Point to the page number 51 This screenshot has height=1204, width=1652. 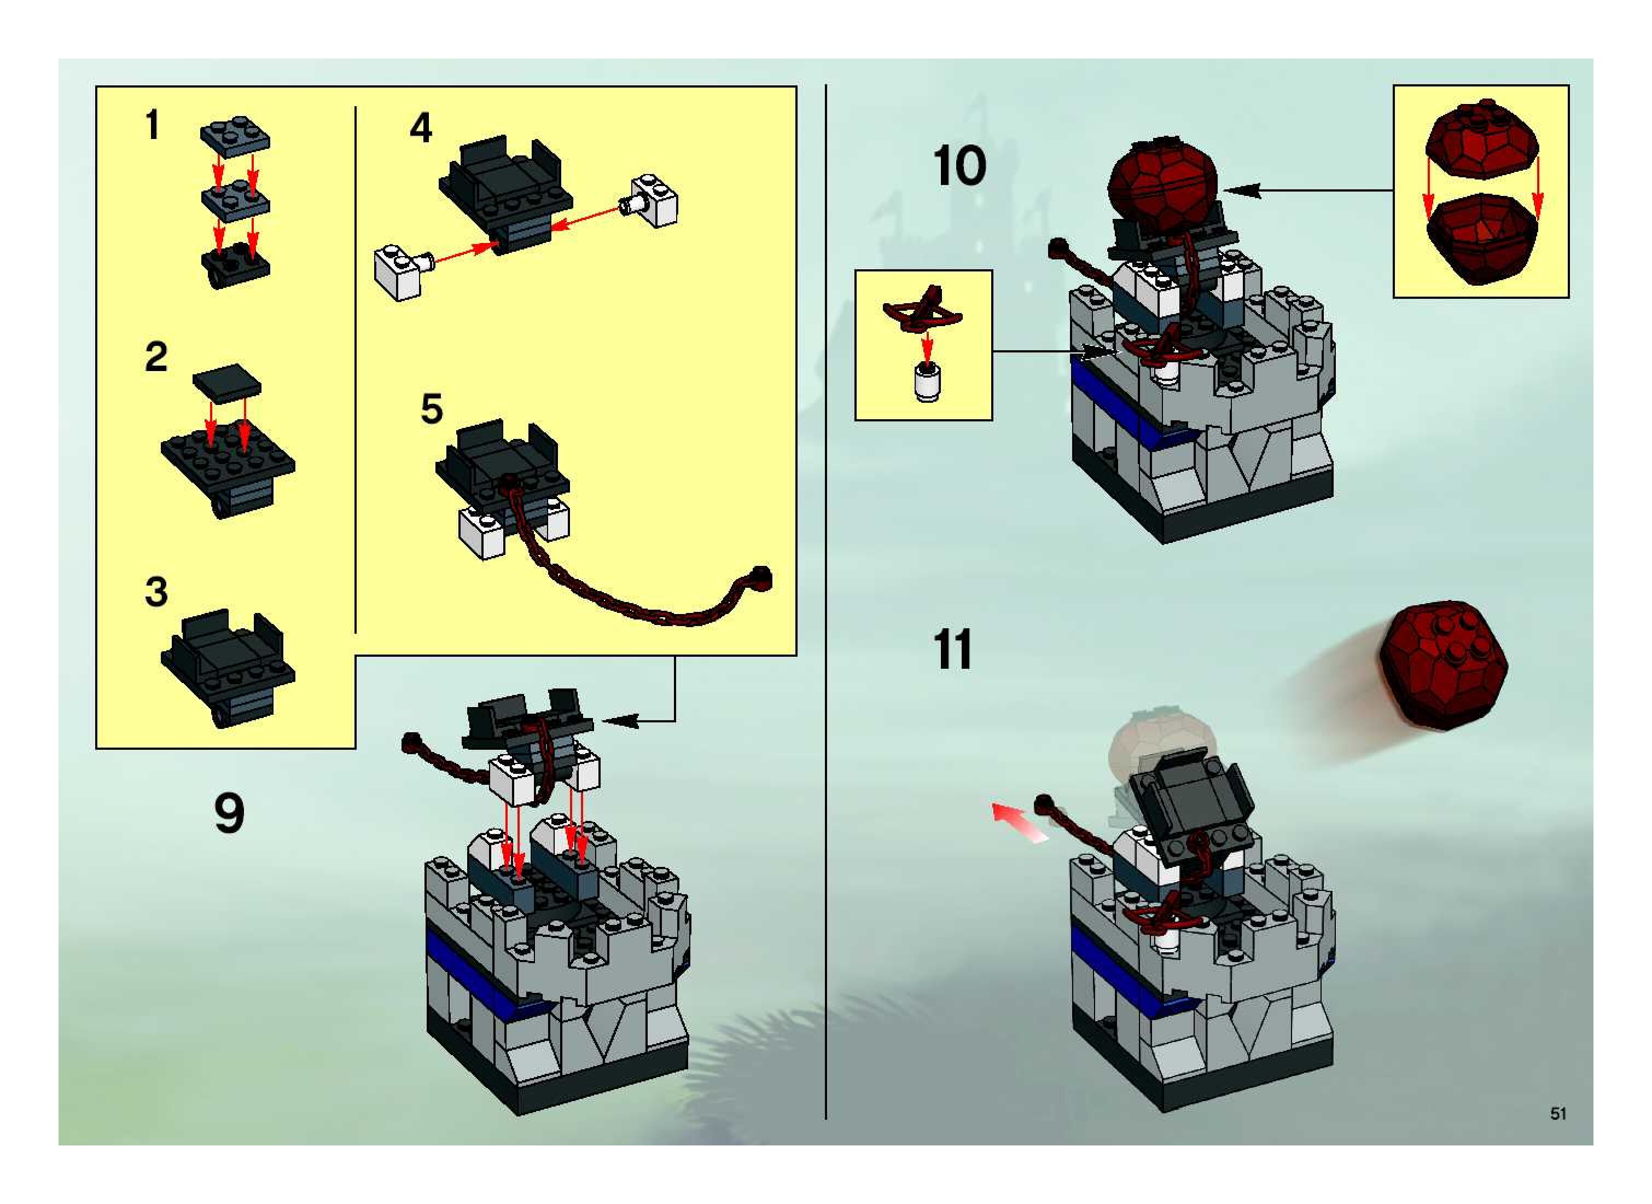tap(1558, 1113)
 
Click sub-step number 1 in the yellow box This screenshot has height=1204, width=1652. tap(152, 125)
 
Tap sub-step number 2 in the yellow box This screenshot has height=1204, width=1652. tap(156, 357)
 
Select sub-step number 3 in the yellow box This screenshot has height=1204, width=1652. tap(156, 592)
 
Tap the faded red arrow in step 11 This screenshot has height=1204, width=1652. tap(1020, 823)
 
